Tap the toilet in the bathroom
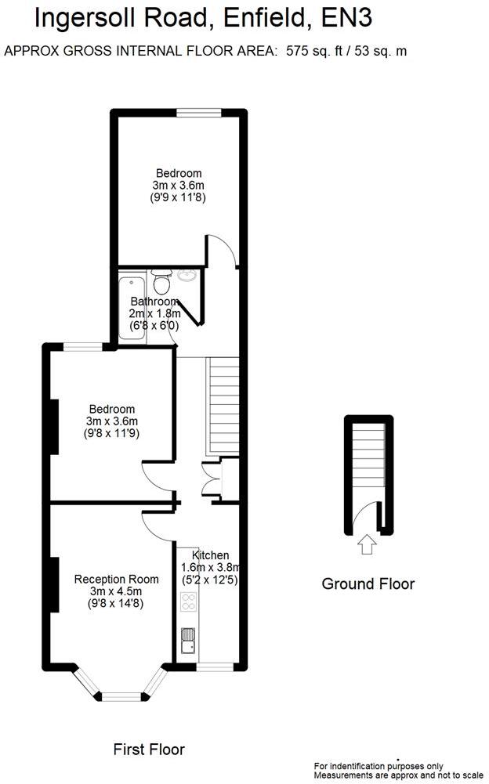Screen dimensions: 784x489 tap(162, 280)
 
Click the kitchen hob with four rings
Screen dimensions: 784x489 tap(189, 602)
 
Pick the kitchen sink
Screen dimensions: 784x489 tap(188, 641)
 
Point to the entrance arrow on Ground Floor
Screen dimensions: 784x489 tap(366, 544)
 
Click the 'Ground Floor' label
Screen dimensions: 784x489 tap(368, 583)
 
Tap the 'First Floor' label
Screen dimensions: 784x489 tap(149, 750)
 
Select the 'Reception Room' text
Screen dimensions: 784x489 tap(116, 580)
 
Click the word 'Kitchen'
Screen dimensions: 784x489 tap(210, 555)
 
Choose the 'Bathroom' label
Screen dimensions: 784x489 tap(154, 302)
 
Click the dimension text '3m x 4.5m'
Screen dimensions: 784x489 tap(116, 591)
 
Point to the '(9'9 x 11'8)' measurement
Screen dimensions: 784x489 tap(178, 197)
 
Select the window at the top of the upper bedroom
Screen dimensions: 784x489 tap(197, 113)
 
